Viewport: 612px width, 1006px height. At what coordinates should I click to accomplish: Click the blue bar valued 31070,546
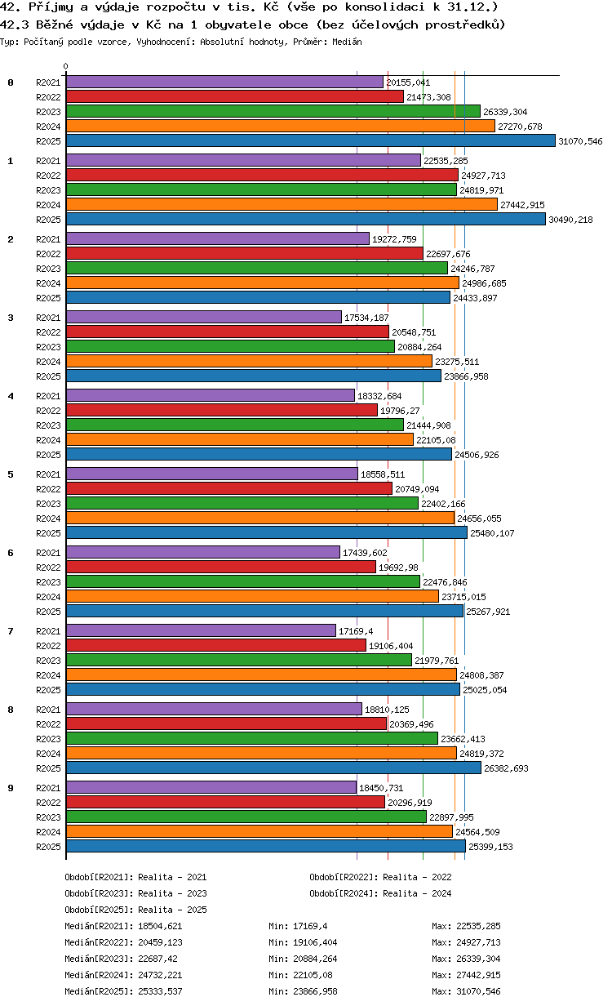(310, 141)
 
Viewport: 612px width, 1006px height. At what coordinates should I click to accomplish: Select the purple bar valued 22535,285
(244, 160)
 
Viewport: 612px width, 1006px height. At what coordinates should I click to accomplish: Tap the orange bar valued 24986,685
(263, 283)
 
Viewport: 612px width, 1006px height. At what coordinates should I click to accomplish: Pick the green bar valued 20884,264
(231, 347)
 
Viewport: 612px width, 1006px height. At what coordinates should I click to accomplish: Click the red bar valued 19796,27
(222, 411)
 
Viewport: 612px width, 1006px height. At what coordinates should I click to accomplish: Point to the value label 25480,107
(492, 533)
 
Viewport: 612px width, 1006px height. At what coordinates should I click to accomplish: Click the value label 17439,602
(365, 553)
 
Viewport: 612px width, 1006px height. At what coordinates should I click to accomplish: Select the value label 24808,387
(481, 675)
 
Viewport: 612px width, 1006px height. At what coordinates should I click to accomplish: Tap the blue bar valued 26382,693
(273, 768)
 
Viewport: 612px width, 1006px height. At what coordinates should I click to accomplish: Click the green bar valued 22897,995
(246, 817)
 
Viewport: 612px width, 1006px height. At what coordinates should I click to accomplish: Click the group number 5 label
(11, 474)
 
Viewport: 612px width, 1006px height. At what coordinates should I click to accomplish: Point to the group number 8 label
(11, 710)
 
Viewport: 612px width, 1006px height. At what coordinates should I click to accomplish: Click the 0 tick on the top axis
(66, 66)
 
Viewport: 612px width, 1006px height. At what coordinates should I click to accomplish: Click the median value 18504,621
(160, 926)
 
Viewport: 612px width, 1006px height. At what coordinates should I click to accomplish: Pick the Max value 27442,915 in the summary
(478, 975)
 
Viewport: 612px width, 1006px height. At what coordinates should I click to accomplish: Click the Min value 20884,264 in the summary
(315, 959)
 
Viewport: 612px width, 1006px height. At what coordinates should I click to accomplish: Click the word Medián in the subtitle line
(347, 42)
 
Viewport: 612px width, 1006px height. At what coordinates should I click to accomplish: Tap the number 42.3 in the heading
(15, 24)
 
